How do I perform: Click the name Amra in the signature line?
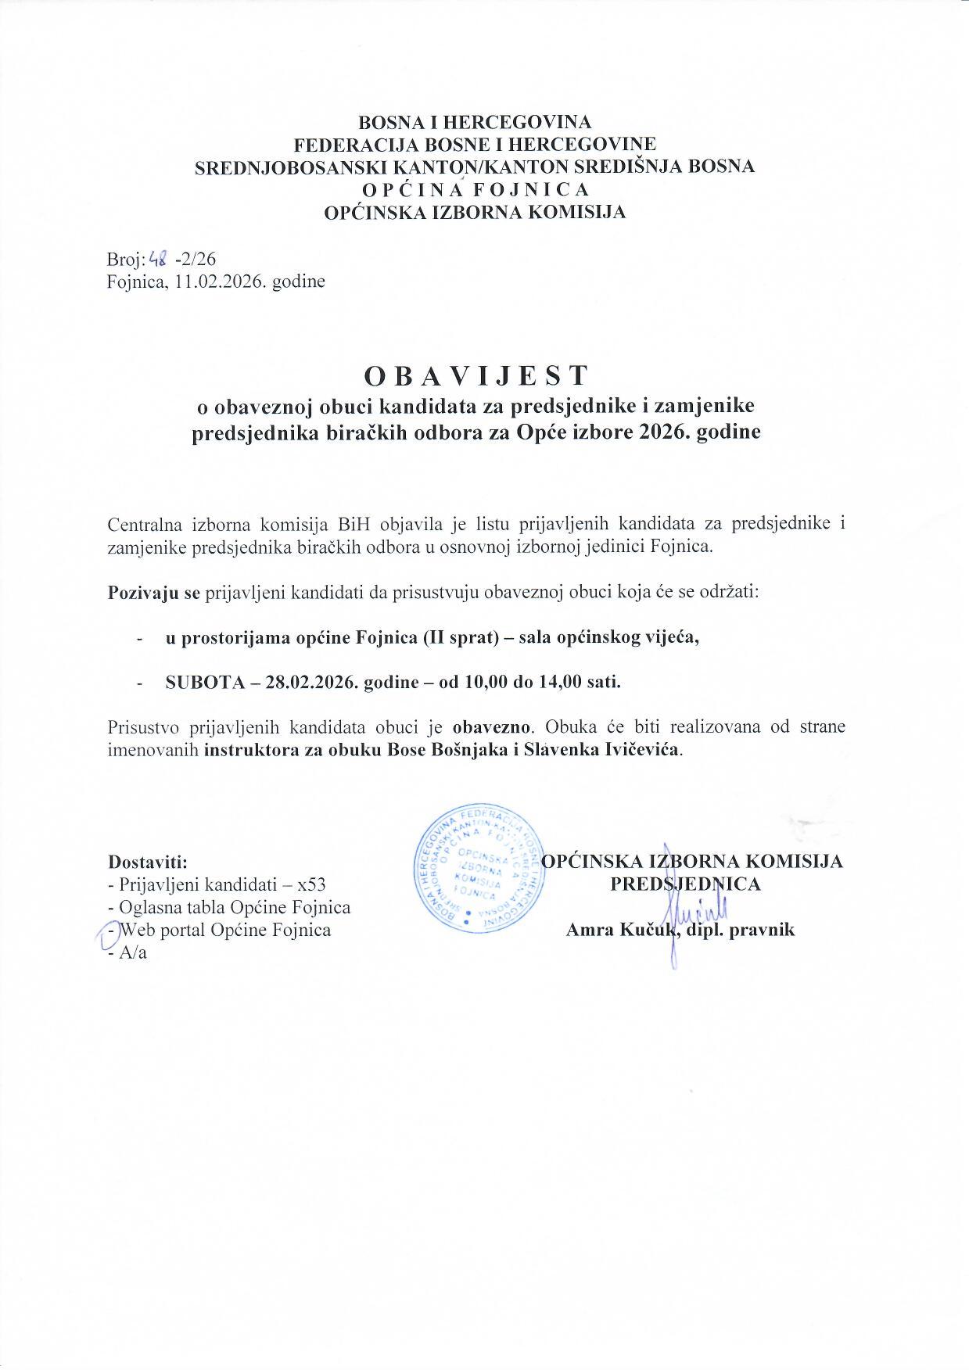tap(587, 930)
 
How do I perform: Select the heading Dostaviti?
tap(147, 863)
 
